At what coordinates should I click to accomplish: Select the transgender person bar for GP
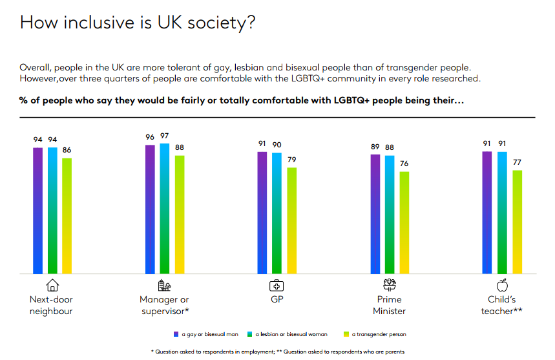[292, 220]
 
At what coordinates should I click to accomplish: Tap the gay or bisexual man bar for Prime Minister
[375, 214]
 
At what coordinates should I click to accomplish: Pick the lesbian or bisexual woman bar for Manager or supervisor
[165, 208]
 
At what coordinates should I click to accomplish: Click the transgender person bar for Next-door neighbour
[67, 216]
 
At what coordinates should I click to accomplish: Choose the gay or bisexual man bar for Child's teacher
[488, 213]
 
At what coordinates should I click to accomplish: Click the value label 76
[404, 164]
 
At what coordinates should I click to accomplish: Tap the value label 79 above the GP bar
[292, 160]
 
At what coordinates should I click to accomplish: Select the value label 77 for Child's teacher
[517, 162]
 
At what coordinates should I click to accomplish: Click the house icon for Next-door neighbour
[52, 285]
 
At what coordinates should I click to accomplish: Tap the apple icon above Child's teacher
[502, 285]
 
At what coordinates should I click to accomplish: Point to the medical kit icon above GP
[277, 285]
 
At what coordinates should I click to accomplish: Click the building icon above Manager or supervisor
[165, 285]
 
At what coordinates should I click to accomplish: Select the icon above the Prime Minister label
[389, 284]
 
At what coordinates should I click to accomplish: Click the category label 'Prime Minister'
[389, 305]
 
